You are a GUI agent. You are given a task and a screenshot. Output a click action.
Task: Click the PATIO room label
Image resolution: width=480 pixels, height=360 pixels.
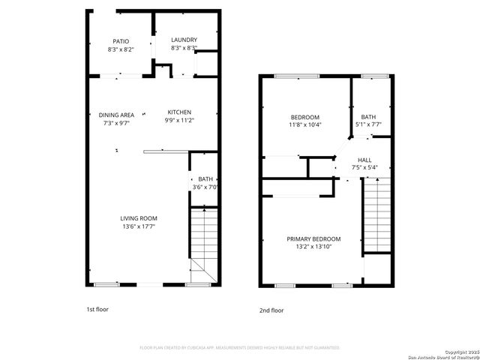point(121,41)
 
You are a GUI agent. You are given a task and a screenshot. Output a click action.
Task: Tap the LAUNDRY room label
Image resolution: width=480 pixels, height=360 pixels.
point(184,40)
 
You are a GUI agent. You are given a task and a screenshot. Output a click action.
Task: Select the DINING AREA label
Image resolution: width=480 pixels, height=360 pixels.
point(116,115)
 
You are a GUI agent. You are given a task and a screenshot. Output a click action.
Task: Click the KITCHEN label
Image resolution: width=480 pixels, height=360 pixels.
point(178,112)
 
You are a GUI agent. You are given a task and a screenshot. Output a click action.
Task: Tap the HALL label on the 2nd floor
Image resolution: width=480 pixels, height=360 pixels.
point(364,160)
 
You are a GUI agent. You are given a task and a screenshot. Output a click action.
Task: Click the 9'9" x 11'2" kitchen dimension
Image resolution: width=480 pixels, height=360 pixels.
point(178,120)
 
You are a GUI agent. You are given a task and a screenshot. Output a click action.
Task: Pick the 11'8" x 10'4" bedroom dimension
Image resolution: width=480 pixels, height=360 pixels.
point(305,124)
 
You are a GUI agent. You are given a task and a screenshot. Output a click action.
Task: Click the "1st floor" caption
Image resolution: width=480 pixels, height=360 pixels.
point(97,308)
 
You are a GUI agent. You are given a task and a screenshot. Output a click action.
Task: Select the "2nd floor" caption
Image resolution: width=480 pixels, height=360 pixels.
point(271,309)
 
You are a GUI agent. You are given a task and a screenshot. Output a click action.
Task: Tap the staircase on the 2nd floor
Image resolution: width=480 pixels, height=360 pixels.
point(377,217)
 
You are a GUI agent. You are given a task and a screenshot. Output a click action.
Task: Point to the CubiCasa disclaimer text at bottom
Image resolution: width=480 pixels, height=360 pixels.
point(240,347)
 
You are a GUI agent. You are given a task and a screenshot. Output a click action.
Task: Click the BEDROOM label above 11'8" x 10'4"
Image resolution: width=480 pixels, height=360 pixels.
point(305,117)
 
